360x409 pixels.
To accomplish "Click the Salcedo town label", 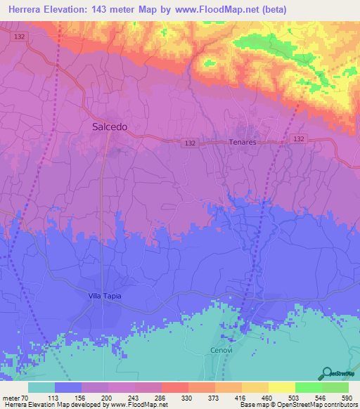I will pyautogui.click(x=110, y=126).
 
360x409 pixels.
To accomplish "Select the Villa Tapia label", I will pyautogui.click(x=105, y=296).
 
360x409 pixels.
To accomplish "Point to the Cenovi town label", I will pyautogui.click(x=221, y=350).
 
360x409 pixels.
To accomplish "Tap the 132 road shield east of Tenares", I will pyautogui.click(x=299, y=139).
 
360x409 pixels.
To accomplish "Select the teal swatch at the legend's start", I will pyautogui.click(x=41, y=387).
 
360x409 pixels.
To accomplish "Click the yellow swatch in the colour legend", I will pyautogui.click(x=281, y=387).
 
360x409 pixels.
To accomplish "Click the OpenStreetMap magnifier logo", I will pyautogui.click(x=328, y=372).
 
